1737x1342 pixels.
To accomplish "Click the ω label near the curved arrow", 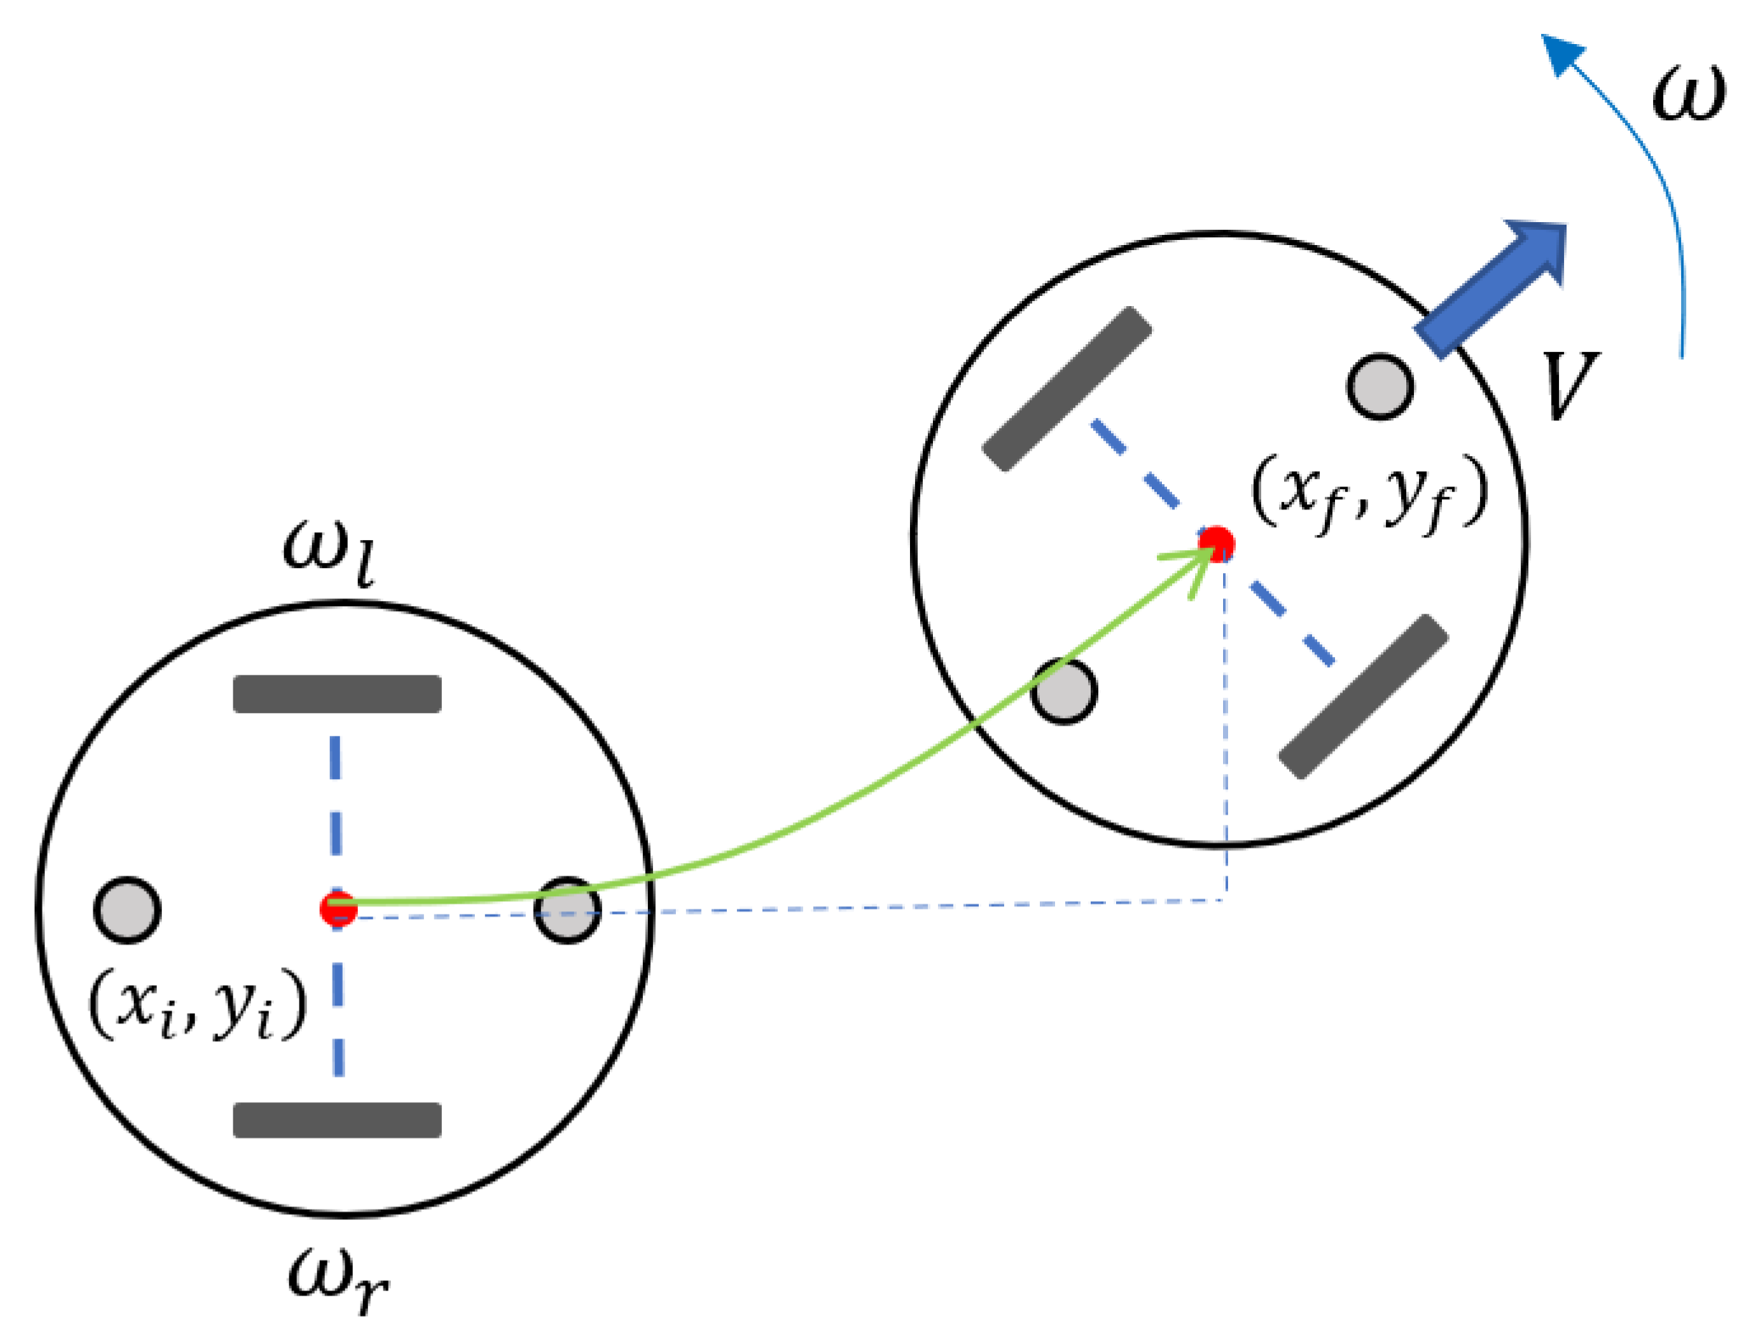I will tap(1688, 93).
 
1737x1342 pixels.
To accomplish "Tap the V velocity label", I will tap(1569, 386).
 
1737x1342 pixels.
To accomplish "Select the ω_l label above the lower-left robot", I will tap(329, 551).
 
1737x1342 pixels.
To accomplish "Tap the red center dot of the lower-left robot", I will tap(338, 908).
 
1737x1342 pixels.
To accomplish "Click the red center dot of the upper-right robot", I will tap(1216, 543).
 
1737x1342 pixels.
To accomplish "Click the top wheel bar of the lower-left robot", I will tap(338, 693).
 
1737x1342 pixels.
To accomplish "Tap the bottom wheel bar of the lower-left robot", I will tap(338, 1120).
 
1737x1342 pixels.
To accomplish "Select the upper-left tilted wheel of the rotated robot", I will tap(1067, 388).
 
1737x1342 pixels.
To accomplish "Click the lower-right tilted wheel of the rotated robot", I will tap(1363, 696).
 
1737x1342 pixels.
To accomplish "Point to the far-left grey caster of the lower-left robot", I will tap(127, 910).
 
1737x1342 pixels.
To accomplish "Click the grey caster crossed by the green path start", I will tap(567, 910).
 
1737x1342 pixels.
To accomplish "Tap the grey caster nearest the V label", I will tap(1380, 387).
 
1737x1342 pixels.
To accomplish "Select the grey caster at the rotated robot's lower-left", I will tap(1064, 691).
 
